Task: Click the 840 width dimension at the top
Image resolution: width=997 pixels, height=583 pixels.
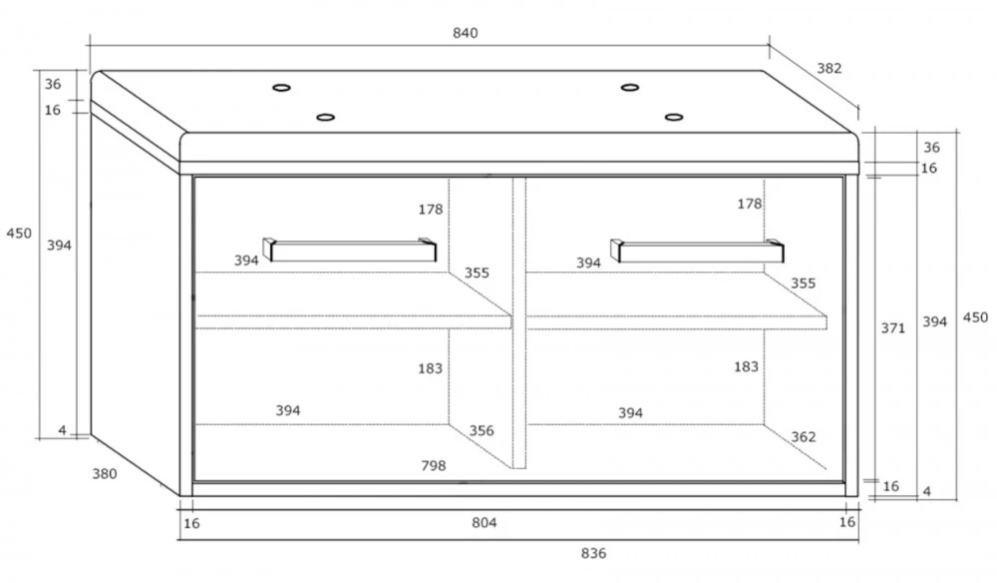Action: coord(465,33)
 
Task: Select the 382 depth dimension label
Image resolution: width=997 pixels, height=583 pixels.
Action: coord(830,68)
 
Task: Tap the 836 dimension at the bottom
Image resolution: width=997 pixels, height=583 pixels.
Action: coord(593,554)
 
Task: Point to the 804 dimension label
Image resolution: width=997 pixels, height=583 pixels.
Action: coord(484,523)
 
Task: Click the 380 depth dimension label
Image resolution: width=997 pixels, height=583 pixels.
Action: coord(105,474)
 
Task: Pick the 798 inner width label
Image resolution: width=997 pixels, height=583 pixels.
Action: coord(433,466)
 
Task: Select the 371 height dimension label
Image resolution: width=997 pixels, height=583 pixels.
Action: coord(892,328)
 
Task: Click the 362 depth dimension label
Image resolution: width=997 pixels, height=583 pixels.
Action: coord(803,437)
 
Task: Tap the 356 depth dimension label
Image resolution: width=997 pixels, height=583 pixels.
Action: coord(482,431)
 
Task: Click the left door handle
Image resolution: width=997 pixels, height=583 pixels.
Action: coord(350,251)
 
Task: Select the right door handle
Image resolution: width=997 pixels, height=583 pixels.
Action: coord(698,251)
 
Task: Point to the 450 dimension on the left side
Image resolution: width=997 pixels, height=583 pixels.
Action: coord(19,234)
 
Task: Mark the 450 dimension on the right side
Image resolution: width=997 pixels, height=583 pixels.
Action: coord(975,317)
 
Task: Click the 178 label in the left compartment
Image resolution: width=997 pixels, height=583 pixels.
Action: coord(431,210)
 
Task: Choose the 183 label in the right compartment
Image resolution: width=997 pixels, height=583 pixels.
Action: coord(746,367)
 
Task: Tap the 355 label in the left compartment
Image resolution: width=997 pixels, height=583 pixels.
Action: coord(477,274)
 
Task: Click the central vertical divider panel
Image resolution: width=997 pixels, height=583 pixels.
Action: coord(519,322)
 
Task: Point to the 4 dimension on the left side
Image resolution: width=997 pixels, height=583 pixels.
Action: coord(62,431)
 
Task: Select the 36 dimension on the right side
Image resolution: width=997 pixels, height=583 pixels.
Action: coord(931,148)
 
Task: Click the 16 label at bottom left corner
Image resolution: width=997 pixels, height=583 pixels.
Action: coord(191,524)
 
